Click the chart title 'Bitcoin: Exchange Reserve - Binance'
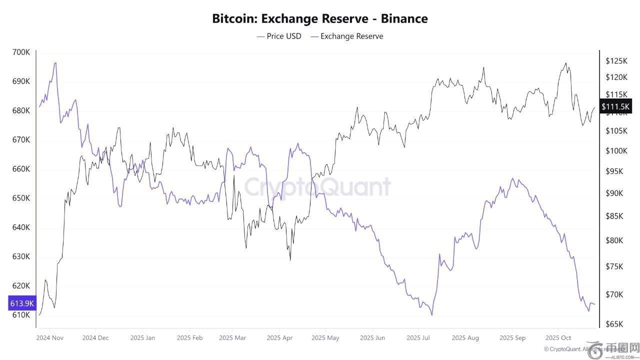[320, 19]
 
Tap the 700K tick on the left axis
[20, 52]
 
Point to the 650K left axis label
[20, 198]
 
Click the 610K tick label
[20, 315]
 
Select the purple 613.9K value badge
[22, 303]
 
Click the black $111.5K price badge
[616, 106]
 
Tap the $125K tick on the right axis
[616, 61]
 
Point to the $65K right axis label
[614, 324]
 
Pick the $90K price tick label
[614, 193]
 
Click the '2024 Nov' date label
[50, 337]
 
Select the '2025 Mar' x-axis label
[232, 337]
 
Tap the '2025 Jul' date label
[418, 337]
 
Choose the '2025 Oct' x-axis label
[558, 337]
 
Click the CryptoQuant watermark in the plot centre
[317, 187]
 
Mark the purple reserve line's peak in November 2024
[55, 62]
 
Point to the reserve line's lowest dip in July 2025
[431, 315]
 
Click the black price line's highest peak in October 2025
[565, 63]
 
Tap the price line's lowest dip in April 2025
[290, 260]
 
